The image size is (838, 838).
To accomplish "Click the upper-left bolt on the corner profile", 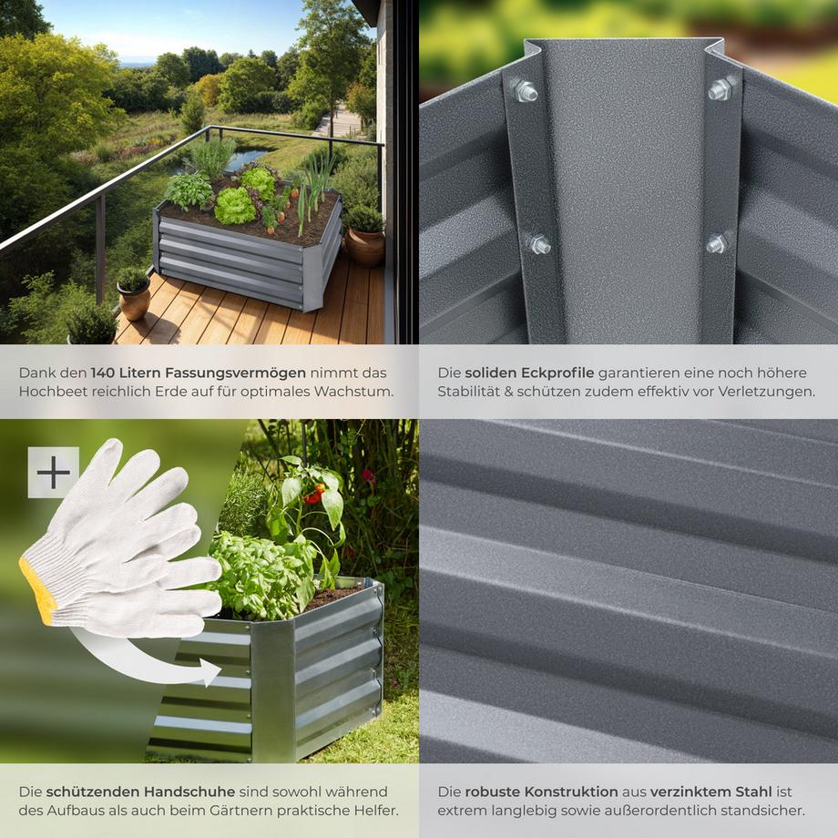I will point(525,90).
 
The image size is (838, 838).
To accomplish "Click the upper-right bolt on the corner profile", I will point(720,88).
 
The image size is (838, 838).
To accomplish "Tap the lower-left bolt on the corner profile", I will point(537,244).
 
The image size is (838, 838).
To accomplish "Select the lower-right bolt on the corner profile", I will point(717,243).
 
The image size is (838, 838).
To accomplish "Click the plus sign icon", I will point(53,472).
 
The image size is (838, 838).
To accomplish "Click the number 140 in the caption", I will point(107,373).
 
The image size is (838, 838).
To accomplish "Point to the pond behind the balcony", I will point(246,159).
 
